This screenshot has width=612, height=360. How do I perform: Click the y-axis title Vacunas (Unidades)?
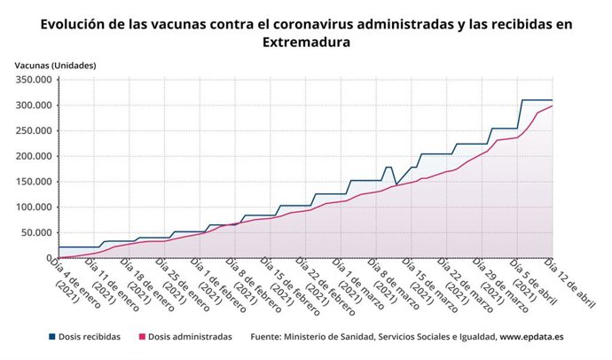tap(55, 66)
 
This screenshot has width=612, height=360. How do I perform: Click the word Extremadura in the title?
tap(306, 42)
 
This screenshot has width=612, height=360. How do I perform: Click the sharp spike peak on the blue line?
tap(388, 167)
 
